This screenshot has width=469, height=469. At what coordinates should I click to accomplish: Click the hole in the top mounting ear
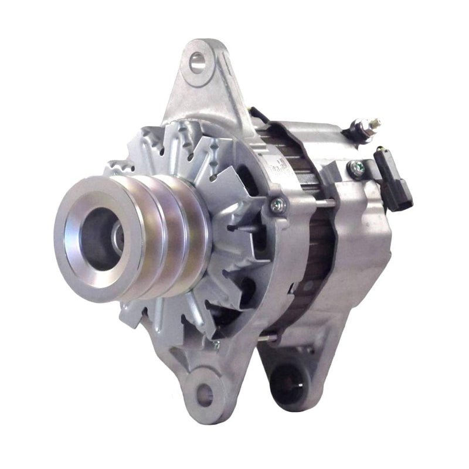click(x=198, y=59)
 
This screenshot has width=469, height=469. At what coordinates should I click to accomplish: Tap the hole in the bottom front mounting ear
click(x=204, y=394)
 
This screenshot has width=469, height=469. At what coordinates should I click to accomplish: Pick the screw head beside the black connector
click(x=356, y=168)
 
